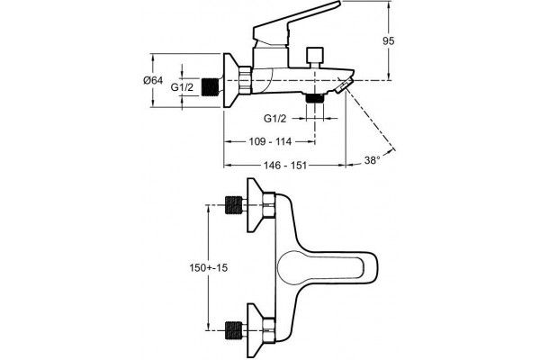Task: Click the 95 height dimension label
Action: click(388, 41)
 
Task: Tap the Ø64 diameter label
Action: click(153, 81)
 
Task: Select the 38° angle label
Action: click(372, 160)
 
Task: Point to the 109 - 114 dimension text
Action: click(270, 141)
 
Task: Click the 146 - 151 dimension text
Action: click(285, 166)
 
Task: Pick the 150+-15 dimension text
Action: click(209, 267)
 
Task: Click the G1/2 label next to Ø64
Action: click(182, 87)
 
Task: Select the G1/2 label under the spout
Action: click(274, 119)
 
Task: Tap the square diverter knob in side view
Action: click(315, 54)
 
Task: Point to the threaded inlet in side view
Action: click(211, 87)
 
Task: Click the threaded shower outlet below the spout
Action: click(314, 98)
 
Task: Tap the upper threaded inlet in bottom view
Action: click(234, 205)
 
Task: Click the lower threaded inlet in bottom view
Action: click(234, 330)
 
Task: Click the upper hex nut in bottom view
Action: click(268, 205)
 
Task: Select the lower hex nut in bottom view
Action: click(268, 330)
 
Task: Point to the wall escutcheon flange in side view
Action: click(232, 81)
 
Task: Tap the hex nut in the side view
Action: click(246, 80)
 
